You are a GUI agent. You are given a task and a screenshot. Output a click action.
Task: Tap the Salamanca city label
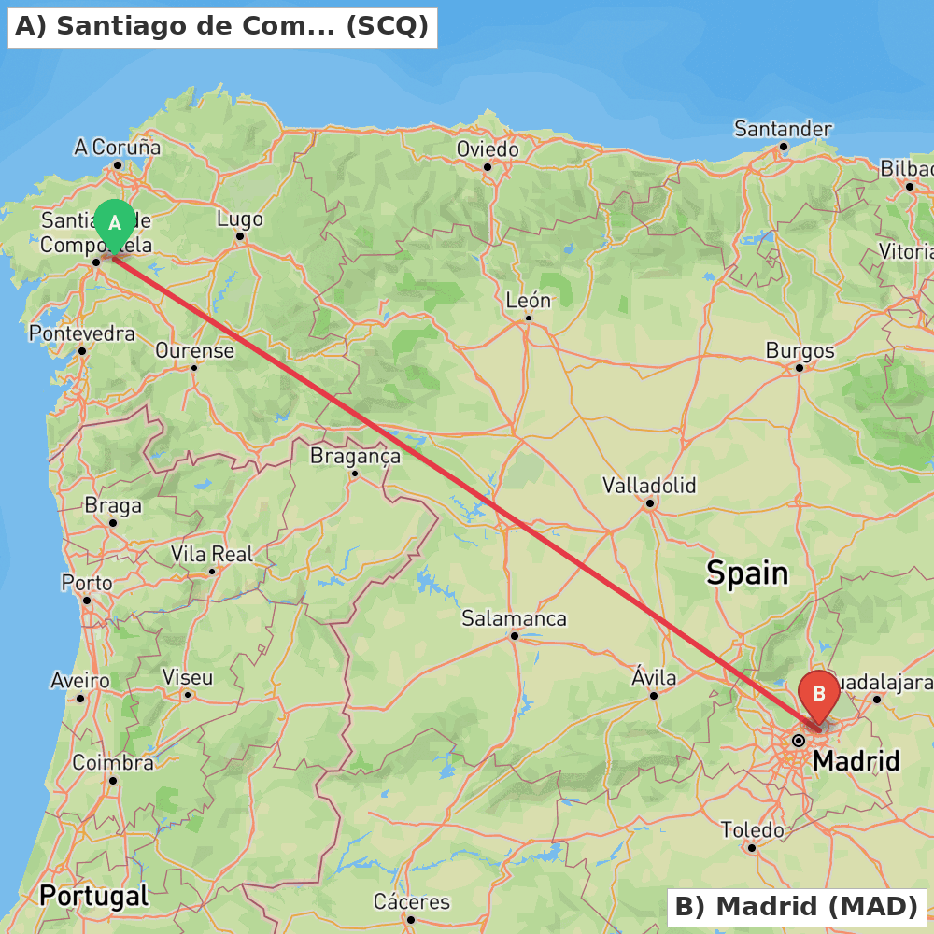click(x=514, y=618)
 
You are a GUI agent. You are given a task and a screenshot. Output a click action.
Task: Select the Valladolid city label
click(x=649, y=486)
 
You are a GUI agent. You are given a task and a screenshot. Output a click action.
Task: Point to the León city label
click(x=528, y=301)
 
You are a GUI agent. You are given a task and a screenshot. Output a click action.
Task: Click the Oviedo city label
click(x=487, y=149)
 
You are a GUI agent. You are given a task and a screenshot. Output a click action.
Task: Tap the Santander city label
click(x=783, y=129)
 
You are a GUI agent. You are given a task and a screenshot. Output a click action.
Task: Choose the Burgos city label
click(x=800, y=351)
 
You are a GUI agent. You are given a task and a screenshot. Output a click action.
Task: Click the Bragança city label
click(x=355, y=456)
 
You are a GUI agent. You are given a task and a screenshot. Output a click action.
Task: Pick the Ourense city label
click(x=194, y=351)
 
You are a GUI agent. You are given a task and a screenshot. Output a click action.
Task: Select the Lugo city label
click(x=240, y=219)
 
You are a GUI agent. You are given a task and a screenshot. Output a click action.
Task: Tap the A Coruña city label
click(x=117, y=148)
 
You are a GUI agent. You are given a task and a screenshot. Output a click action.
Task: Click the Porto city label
click(x=87, y=583)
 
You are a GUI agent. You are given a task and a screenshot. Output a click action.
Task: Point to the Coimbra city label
click(x=113, y=763)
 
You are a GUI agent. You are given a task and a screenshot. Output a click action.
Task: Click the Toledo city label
click(x=752, y=830)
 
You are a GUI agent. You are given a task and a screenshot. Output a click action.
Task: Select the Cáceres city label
click(x=411, y=902)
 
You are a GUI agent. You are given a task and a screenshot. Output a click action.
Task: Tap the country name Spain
click(x=747, y=573)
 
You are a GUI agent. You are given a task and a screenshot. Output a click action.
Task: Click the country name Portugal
click(x=93, y=897)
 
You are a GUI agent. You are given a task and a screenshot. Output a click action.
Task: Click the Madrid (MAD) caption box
click(x=796, y=906)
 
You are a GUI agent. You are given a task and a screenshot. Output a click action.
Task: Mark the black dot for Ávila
click(x=654, y=695)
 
